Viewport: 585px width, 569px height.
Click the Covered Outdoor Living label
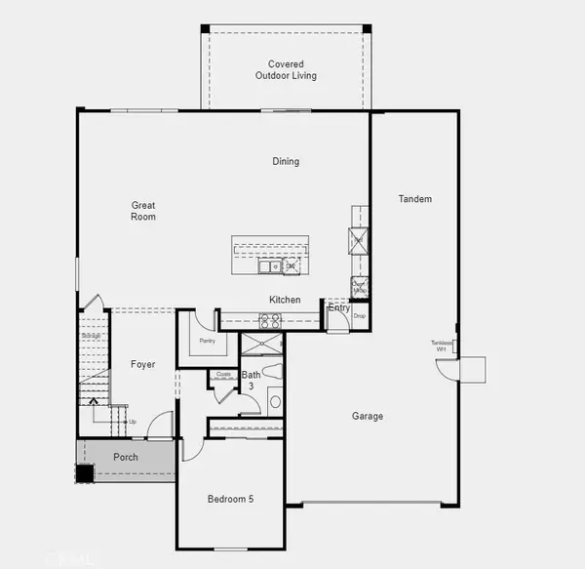(x=286, y=70)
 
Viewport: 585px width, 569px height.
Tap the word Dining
(x=286, y=162)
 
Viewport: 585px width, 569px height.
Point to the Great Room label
(x=143, y=212)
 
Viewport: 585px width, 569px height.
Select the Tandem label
(x=414, y=199)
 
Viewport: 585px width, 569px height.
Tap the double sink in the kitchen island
(x=269, y=265)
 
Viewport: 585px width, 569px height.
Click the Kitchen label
(x=285, y=300)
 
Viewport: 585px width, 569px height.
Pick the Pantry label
(x=207, y=342)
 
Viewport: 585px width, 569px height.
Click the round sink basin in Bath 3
(x=275, y=401)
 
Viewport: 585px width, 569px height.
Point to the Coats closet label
(x=223, y=374)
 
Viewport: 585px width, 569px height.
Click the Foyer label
(x=143, y=364)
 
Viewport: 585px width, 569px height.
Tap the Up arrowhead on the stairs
(x=95, y=400)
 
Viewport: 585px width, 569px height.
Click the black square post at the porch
(x=85, y=473)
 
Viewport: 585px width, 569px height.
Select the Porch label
(x=125, y=457)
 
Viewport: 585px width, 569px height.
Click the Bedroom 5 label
(x=230, y=500)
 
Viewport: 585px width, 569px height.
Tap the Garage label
(x=368, y=417)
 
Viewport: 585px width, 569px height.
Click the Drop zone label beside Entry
(x=359, y=315)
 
